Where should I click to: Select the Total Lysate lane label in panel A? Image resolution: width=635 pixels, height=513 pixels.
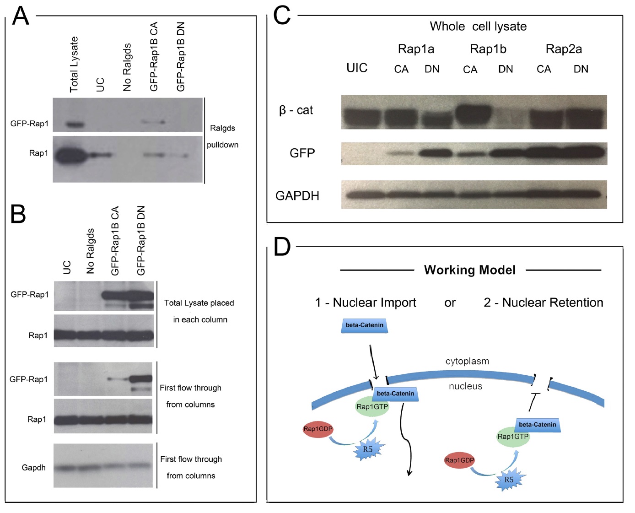coord(74,65)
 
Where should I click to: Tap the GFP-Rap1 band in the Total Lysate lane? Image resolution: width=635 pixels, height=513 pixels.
coord(75,124)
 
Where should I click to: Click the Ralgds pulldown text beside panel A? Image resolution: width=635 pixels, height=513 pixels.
coord(222,136)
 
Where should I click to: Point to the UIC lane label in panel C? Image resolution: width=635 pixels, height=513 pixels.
coord(357,68)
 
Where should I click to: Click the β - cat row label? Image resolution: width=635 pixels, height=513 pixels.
coord(296,110)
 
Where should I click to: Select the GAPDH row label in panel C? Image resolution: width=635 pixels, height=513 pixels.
coord(297,196)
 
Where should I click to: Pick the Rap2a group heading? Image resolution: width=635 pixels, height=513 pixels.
coord(564,49)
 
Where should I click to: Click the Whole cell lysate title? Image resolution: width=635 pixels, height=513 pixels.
coord(478,27)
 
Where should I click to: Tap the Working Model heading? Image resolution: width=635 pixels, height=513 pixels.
coord(470,270)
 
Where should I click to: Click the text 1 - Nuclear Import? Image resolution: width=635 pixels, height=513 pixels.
coord(366,302)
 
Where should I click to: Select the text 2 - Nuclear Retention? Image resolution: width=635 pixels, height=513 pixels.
coord(544,302)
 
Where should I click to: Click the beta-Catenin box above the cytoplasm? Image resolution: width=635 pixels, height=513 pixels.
coord(364,325)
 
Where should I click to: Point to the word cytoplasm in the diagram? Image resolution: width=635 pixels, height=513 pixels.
coord(467,361)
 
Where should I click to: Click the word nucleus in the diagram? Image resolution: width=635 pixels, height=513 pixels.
coord(465,386)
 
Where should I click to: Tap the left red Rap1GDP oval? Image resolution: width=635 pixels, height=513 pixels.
coord(318,429)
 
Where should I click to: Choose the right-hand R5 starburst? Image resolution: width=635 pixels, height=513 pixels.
coord(509,480)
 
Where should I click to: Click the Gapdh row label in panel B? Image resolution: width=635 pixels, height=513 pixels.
coord(34,468)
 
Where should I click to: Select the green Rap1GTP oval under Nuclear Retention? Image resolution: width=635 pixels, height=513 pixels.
coord(513,437)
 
